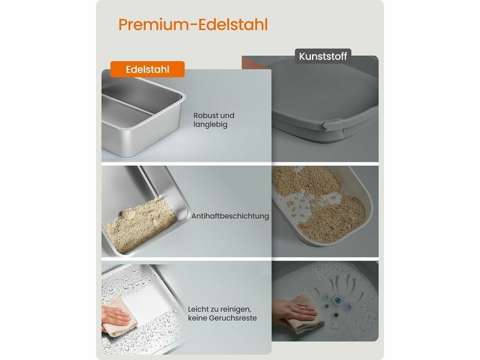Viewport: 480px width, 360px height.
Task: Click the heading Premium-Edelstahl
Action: click(193, 25)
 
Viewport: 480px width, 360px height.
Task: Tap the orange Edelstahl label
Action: click(148, 69)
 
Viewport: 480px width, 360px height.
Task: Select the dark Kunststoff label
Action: click(323, 56)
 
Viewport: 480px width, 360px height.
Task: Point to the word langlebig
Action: click(211, 125)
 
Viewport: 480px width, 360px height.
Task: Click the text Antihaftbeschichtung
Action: click(230, 216)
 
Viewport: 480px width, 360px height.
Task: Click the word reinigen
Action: click(237, 309)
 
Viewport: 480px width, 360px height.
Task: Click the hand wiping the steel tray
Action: click(116, 316)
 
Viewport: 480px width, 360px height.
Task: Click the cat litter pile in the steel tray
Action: click(139, 226)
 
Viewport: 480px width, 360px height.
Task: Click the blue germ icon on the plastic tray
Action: click(338, 300)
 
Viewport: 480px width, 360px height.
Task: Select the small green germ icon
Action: click(337, 314)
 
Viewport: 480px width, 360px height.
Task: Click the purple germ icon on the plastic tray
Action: click(349, 306)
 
